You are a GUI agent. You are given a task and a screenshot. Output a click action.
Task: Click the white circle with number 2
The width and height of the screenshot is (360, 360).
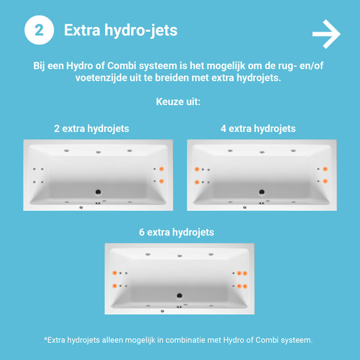click(39, 30)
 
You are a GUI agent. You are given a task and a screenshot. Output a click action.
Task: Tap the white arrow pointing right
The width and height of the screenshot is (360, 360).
click(326, 34)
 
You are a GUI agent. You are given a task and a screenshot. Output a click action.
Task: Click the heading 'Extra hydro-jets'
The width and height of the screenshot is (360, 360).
click(121, 30)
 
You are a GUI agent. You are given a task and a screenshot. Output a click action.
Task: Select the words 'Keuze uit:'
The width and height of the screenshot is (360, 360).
click(178, 102)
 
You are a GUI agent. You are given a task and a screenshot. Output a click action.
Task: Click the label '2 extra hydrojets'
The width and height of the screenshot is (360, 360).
click(91, 128)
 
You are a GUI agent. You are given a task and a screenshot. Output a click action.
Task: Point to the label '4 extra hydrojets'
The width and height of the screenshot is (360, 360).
click(258, 128)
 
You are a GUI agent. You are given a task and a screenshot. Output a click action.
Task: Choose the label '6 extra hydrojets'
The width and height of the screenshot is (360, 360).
click(177, 232)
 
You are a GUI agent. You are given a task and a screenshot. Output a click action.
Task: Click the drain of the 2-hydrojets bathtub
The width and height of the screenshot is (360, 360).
click(98, 192)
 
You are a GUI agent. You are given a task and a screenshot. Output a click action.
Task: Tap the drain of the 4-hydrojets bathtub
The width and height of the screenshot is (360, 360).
click(262, 192)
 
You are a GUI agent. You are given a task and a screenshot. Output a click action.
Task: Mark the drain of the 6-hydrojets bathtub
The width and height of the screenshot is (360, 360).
click(179, 296)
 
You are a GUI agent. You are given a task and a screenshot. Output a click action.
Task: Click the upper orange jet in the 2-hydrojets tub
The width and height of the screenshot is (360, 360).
click(161, 169)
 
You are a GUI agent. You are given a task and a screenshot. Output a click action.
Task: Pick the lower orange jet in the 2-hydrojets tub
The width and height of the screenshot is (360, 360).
click(161, 181)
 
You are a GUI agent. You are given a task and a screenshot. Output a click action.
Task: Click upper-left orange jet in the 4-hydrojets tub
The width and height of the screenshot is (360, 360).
click(197, 169)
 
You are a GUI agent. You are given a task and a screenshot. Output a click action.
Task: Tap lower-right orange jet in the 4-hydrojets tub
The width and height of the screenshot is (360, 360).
click(325, 181)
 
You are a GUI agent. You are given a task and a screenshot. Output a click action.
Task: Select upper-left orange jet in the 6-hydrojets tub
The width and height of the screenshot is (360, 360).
click(115, 272)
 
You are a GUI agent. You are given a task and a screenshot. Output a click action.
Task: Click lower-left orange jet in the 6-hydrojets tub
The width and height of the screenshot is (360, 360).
click(115, 286)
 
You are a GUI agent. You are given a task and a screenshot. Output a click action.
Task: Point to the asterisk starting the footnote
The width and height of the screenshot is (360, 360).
click(45, 339)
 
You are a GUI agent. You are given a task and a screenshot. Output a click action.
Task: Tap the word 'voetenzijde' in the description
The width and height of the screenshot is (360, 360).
click(100, 78)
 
